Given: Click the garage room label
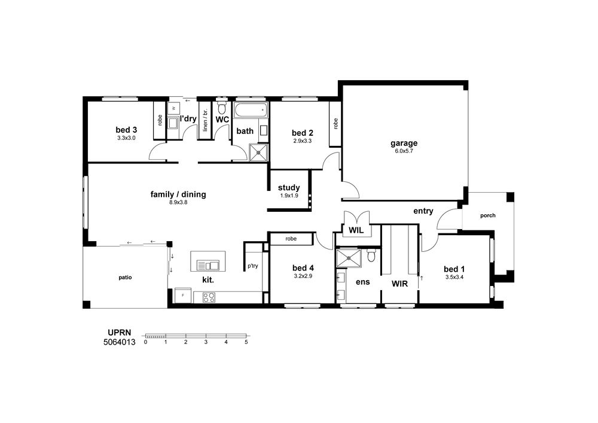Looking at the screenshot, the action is [x=404, y=143].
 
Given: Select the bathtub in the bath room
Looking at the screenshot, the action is [x=251, y=110].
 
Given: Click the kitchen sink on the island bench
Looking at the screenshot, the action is [x=208, y=264].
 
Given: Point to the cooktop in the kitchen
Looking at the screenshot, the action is [x=209, y=297].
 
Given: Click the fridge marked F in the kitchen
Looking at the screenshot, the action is [x=182, y=296].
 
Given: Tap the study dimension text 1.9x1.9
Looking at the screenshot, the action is [x=289, y=196].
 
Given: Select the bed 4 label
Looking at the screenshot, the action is [x=303, y=268].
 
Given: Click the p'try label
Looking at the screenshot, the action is [x=252, y=266].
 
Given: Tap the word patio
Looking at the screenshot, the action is [x=125, y=278].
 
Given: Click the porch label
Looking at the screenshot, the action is [x=488, y=215].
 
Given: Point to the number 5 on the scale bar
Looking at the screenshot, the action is [x=246, y=342].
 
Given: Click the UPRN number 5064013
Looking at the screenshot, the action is [x=120, y=342].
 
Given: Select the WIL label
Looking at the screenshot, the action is [x=356, y=230].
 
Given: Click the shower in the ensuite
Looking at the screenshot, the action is [x=348, y=258].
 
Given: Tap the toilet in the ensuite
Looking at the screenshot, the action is [x=371, y=255].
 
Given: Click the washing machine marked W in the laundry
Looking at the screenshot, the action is [x=173, y=108].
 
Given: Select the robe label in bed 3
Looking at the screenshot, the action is [x=160, y=120].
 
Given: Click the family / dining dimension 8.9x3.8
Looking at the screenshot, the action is [x=178, y=203].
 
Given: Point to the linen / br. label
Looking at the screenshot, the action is [x=205, y=120].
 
